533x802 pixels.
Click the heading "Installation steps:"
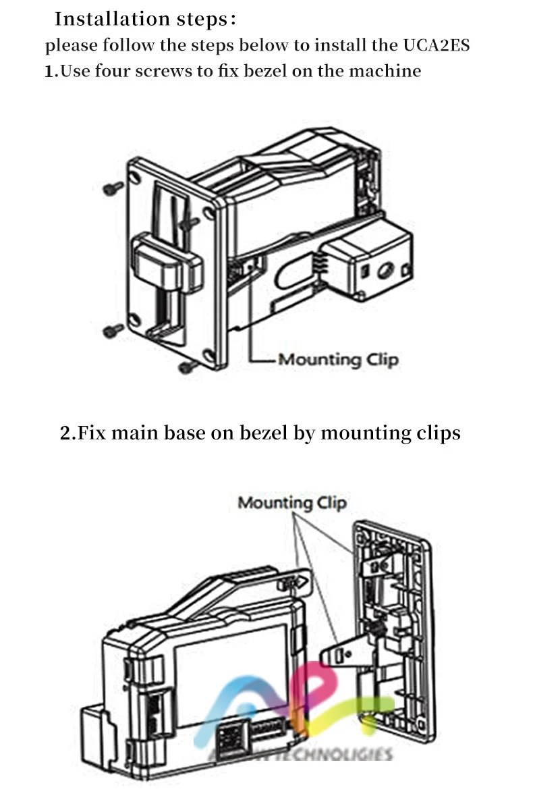point(145,19)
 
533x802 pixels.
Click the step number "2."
point(68,432)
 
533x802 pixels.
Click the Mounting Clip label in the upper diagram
point(338,359)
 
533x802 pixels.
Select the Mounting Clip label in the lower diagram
point(292,503)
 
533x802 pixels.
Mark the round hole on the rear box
point(385,270)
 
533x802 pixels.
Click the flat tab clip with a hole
point(342,653)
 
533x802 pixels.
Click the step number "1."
point(51,71)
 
